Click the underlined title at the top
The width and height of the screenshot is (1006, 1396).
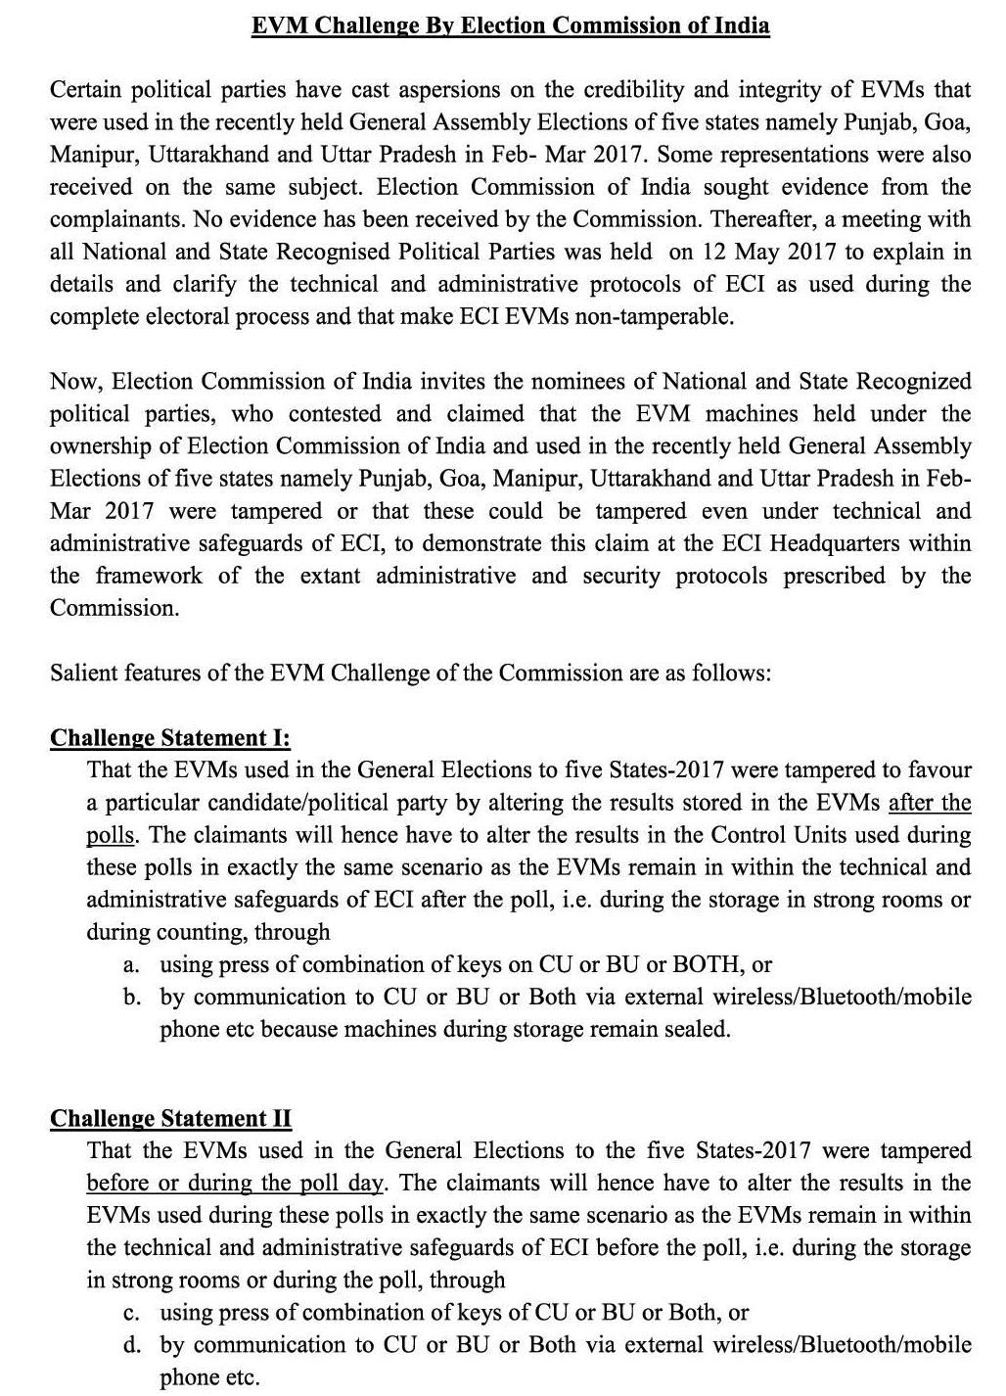click(510, 25)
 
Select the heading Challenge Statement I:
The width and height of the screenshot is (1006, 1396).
click(170, 737)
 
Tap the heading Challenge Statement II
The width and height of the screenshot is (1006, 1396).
click(171, 1118)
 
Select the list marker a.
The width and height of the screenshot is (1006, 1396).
click(130, 964)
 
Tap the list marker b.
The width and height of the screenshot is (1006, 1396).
click(130, 997)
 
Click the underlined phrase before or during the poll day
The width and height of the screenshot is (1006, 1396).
click(234, 1183)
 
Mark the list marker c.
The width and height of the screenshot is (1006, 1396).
click(130, 1312)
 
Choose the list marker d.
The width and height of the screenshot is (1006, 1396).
click(130, 1344)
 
